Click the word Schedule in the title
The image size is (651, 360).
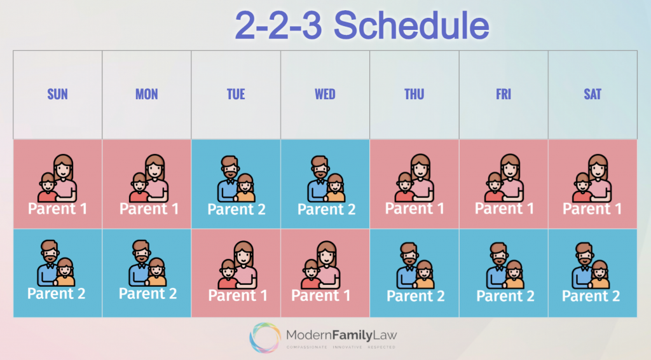(411, 25)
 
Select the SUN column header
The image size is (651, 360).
(57, 95)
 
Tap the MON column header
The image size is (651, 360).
(146, 95)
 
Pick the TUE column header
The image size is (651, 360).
(236, 95)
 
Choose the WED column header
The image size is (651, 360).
(325, 95)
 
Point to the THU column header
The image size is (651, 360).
(414, 95)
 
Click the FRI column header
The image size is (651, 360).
(503, 95)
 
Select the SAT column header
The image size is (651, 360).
(593, 95)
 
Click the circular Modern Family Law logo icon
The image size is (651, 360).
(265, 336)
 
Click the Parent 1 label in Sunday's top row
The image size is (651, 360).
(57, 209)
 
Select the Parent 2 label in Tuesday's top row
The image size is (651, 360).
(236, 209)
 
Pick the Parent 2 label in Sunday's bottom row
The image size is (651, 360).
(57, 294)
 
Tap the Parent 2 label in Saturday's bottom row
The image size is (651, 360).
(591, 296)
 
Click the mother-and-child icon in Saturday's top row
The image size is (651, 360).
(593, 178)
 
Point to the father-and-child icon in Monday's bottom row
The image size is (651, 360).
(147, 263)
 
